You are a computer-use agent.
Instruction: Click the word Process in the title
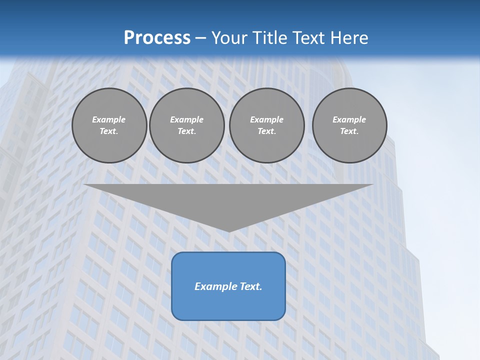coord(157,38)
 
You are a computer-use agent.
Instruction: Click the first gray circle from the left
coord(109,125)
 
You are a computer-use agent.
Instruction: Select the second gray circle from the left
coord(186,125)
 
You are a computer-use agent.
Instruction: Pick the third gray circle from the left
coord(266,125)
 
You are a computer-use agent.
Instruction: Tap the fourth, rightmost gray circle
coord(349,125)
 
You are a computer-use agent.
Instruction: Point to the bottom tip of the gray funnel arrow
coord(229,230)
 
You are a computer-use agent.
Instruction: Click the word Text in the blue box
coord(250,286)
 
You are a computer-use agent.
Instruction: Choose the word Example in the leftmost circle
coord(109,119)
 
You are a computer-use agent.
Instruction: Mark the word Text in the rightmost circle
coord(349,131)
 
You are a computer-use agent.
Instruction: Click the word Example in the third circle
coord(266,119)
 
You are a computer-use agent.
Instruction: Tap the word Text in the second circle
coord(186,131)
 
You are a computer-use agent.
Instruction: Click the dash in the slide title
coord(201,38)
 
